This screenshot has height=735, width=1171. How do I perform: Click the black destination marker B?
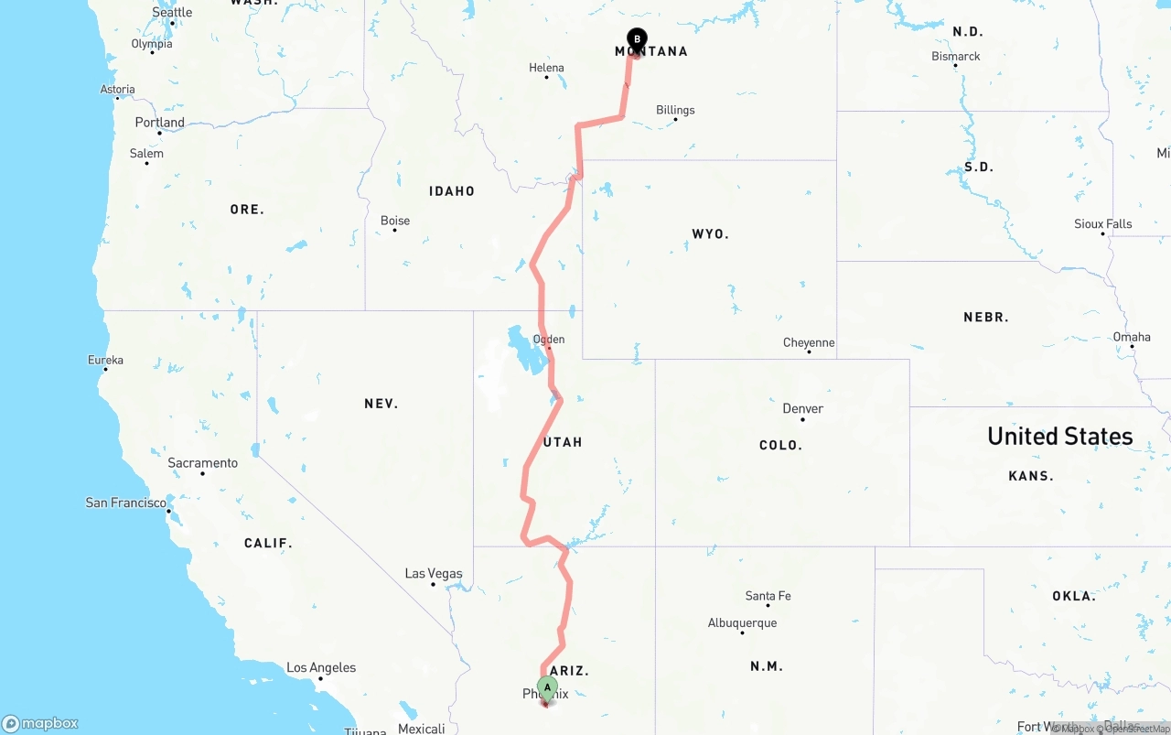tap(637, 39)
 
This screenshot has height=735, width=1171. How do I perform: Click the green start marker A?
tap(547, 686)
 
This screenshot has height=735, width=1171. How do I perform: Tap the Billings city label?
tap(675, 110)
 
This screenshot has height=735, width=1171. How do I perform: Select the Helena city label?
tap(546, 68)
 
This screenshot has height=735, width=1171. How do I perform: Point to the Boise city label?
tap(395, 221)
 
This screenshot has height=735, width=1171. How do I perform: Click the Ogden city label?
tap(549, 340)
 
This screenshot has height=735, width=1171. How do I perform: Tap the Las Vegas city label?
tap(434, 574)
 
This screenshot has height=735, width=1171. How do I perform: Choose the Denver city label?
tap(803, 408)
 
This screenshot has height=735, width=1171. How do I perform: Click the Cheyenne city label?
tap(809, 342)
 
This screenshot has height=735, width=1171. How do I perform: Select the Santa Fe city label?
tap(768, 596)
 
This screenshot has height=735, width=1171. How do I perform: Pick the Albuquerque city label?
tap(742, 623)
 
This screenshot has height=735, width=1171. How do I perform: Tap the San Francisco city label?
tap(126, 503)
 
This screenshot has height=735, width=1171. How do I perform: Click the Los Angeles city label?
tap(321, 668)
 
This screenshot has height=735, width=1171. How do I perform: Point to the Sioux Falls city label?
tap(1102, 224)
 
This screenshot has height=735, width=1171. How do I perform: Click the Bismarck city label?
tap(956, 57)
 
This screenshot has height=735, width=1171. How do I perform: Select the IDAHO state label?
tap(452, 191)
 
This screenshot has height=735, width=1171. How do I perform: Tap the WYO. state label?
tap(710, 234)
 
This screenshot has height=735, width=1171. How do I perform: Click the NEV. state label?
tap(381, 404)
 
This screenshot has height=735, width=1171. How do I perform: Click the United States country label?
tap(1059, 437)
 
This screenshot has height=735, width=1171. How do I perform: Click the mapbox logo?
tap(40, 723)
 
